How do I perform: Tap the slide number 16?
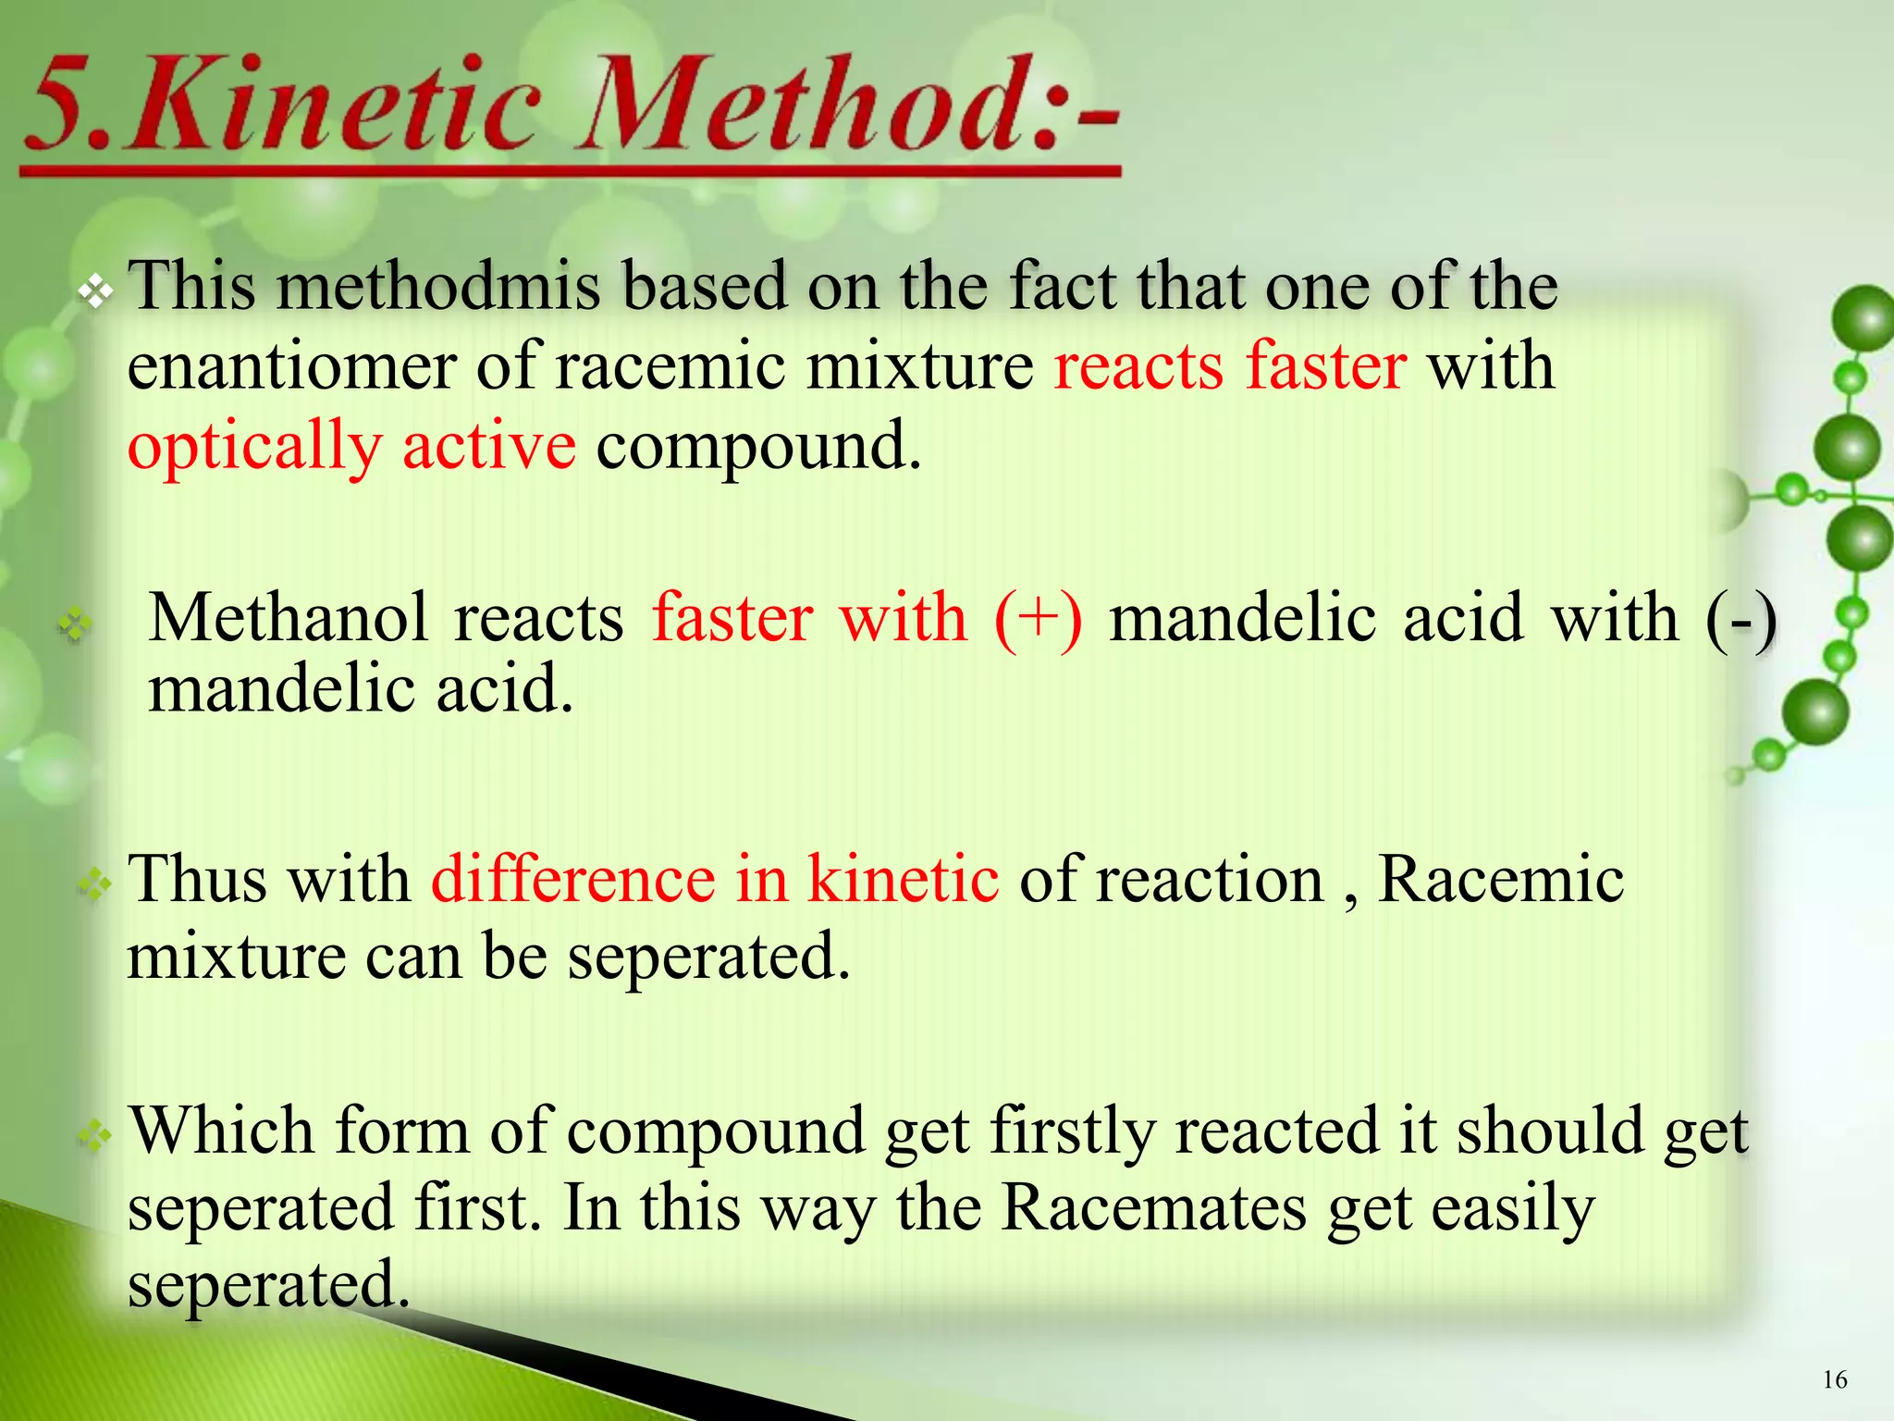click(1835, 1379)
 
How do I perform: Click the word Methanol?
click(288, 618)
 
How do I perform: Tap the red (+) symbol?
click(1038, 618)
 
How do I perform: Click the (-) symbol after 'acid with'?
click(1740, 618)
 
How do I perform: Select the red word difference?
click(572, 879)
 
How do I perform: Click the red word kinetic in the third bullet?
click(903, 879)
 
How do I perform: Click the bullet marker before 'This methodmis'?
click(95, 293)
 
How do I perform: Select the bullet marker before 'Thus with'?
click(95, 885)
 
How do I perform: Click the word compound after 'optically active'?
click(758, 447)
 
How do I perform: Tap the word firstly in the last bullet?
click(1073, 1131)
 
